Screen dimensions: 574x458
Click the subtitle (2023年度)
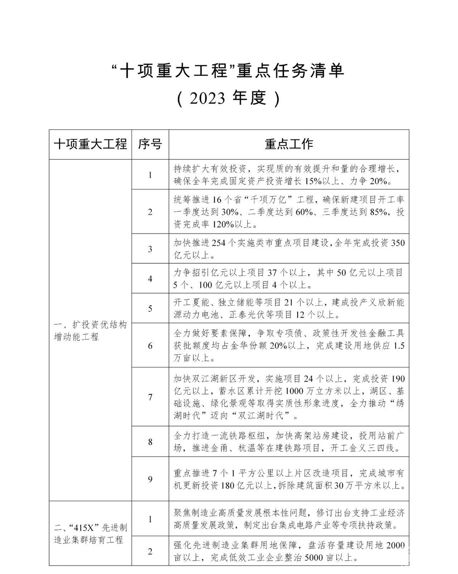tap(229, 98)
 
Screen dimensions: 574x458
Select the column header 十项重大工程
tap(90, 144)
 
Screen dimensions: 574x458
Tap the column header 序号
tap(150, 144)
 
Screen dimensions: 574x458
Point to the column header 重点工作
tap(289, 144)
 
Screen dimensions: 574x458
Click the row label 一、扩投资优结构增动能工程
tap(90, 331)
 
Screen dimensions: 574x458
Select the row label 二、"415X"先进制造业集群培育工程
tap(90, 534)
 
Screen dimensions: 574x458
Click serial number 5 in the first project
tap(150, 309)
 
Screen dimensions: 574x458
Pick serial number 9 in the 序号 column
tap(150, 479)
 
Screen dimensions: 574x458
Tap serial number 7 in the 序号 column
tap(150, 397)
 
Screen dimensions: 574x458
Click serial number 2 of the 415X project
tap(150, 552)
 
